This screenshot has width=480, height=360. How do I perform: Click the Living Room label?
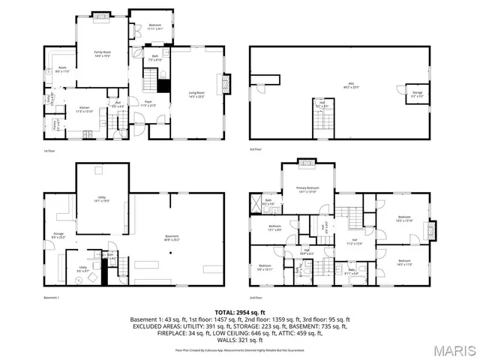tap(197, 94)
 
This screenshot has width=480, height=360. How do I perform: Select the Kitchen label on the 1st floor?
tap(85, 109)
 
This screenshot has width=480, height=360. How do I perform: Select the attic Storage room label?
tap(417, 94)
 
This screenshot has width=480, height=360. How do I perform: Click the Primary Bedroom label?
tap(307, 189)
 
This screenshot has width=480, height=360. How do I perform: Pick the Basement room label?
tap(172, 238)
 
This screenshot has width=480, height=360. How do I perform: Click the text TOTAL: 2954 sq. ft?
tap(240, 311)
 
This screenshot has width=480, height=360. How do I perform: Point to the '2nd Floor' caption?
tap(255, 299)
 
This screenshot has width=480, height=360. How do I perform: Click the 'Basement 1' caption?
tap(51, 299)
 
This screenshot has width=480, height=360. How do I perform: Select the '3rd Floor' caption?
tap(255, 150)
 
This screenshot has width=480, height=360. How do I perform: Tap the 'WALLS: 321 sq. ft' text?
tap(240, 341)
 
